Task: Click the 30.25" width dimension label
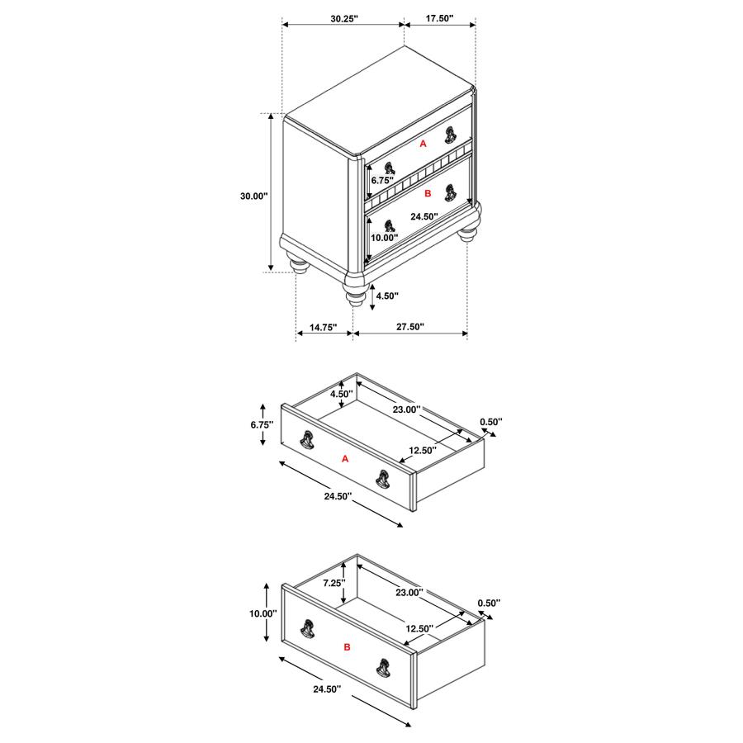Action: click(x=344, y=18)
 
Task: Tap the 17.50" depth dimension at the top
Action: click(x=439, y=18)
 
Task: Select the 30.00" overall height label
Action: click(x=254, y=196)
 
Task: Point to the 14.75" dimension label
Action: click(x=323, y=327)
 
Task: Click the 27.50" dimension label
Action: click(x=409, y=326)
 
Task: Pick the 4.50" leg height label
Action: click(x=387, y=296)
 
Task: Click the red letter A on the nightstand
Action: click(x=424, y=143)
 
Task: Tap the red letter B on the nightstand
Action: click(x=428, y=193)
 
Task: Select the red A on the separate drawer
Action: click(x=345, y=459)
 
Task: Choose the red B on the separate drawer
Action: click(x=347, y=646)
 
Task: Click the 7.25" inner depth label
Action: click(x=334, y=583)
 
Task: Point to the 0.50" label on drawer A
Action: click(x=491, y=422)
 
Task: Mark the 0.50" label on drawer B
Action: click(x=489, y=603)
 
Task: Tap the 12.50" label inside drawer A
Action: click(x=423, y=450)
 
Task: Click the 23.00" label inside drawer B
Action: click(x=409, y=592)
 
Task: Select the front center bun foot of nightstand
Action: click(x=356, y=294)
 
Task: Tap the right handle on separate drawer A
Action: click(x=383, y=479)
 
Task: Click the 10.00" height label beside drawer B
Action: click(x=263, y=613)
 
